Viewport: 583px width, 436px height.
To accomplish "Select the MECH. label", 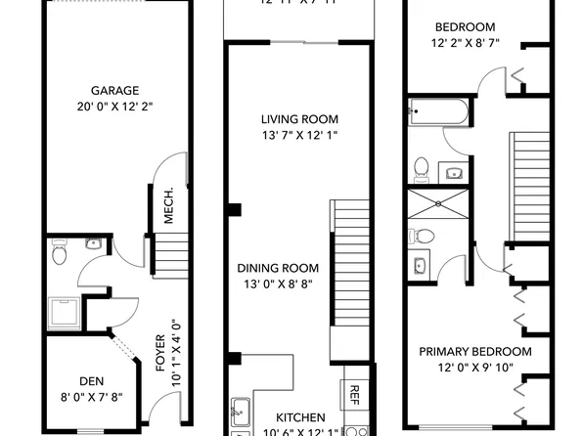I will click(169, 205).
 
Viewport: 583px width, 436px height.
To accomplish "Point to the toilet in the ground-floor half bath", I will click(59, 254).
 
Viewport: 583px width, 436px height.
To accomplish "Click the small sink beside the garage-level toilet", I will click(93, 243).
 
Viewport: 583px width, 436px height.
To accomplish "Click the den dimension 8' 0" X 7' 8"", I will click(93, 399).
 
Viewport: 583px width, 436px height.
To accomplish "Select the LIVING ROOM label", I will click(299, 119).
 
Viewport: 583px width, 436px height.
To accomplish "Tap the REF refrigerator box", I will click(354, 394).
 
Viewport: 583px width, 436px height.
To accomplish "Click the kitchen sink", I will click(240, 412).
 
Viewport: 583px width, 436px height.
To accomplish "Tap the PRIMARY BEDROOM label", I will click(474, 352).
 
